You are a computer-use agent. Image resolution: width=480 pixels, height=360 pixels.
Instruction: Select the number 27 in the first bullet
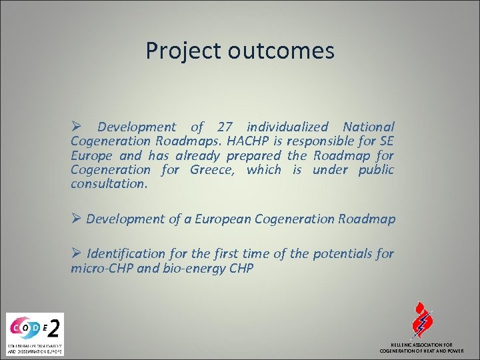(225, 127)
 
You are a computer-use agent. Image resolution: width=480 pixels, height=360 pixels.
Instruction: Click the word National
(368, 127)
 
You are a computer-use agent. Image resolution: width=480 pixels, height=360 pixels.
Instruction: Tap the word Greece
(212, 169)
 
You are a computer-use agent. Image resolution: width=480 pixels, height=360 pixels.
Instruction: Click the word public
(376, 169)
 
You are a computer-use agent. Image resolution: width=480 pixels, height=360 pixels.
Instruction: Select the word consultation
(109, 183)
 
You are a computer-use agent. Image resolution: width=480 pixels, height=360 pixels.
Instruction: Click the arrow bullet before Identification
(77, 253)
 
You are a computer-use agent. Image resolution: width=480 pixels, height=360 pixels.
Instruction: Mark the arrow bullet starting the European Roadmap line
(77, 219)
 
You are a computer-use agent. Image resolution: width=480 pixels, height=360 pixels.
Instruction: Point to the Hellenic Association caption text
(421, 347)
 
